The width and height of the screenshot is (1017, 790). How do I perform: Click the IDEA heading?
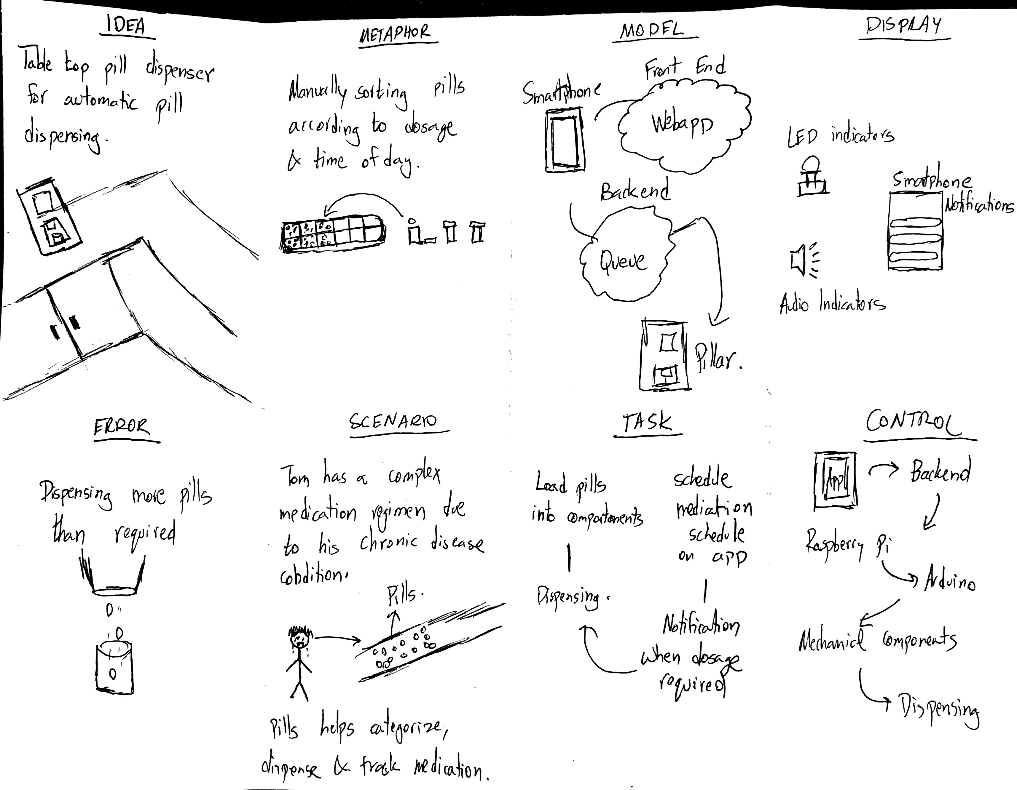point(126,27)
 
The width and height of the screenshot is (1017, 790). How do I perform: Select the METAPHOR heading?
point(395,33)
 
